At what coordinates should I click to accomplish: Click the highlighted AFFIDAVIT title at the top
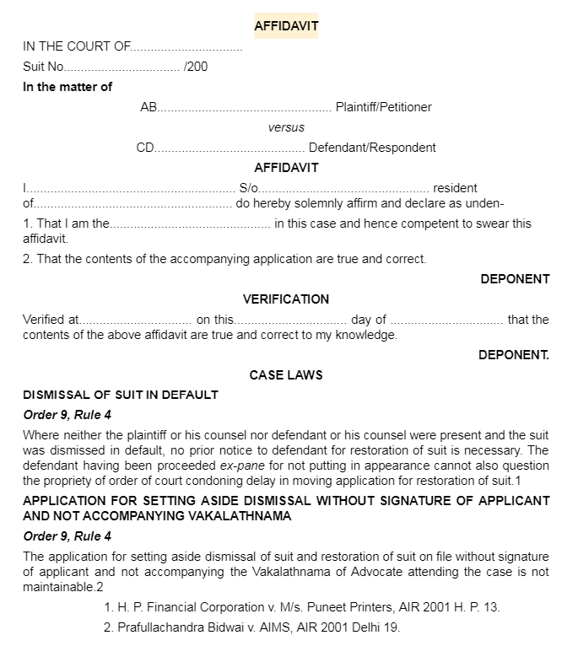[x=286, y=26]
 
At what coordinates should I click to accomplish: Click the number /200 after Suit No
[x=195, y=67]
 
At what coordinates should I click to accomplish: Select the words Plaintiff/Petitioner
[x=383, y=107]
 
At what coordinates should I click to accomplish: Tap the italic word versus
[x=286, y=127]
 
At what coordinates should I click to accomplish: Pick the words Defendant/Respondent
[x=372, y=148]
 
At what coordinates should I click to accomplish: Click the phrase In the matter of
[x=68, y=87]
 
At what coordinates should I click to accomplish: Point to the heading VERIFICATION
[x=286, y=299]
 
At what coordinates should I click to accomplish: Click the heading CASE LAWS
[x=286, y=375]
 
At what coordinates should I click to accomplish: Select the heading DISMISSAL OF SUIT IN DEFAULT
[x=121, y=395]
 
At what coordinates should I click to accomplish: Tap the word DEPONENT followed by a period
[x=513, y=355]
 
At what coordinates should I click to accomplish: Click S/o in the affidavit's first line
[x=249, y=188]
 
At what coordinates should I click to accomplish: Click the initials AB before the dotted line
[x=149, y=107]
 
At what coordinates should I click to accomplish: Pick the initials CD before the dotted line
[x=146, y=148]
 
